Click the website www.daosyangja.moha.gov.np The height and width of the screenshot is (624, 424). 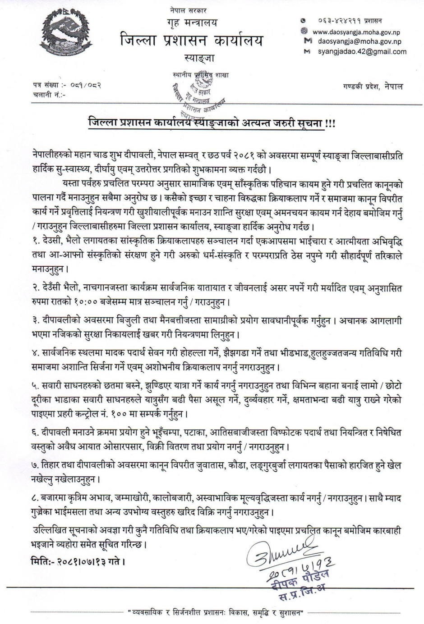pos(356,32)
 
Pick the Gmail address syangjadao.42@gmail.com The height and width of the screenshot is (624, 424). pos(362,51)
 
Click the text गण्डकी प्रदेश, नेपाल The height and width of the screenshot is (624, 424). pos(372,86)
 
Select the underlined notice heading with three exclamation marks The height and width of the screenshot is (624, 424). pos(212,123)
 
